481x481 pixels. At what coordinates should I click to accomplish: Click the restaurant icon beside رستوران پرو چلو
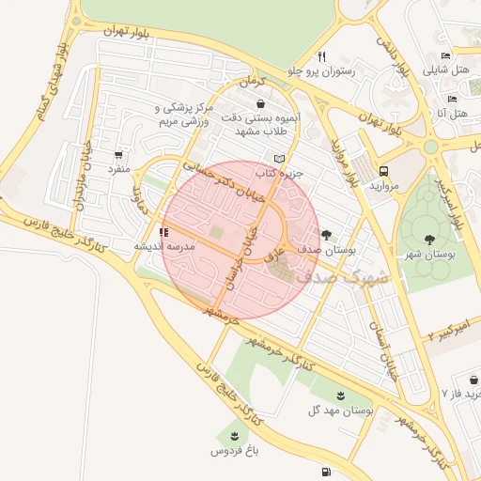(x=322, y=55)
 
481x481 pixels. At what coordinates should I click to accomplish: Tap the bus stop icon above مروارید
(x=384, y=171)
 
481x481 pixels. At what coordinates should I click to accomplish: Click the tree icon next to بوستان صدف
(x=326, y=235)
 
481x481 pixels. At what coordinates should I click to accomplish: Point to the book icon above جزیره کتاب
(x=278, y=159)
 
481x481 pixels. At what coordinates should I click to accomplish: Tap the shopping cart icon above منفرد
(x=118, y=155)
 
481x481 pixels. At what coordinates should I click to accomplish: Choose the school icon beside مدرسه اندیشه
(x=163, y=231)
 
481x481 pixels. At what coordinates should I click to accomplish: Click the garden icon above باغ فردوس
(x=232, y=435)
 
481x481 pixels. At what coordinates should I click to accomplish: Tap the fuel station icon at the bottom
(x=325, y=472)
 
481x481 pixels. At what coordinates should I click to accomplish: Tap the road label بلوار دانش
(x=394, y=56)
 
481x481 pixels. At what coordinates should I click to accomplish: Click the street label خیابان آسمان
(x=393, y=351)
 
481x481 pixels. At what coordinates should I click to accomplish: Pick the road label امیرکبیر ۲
(x=453, y=329)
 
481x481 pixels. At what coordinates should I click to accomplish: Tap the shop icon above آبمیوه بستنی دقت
(x=258, y=103)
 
